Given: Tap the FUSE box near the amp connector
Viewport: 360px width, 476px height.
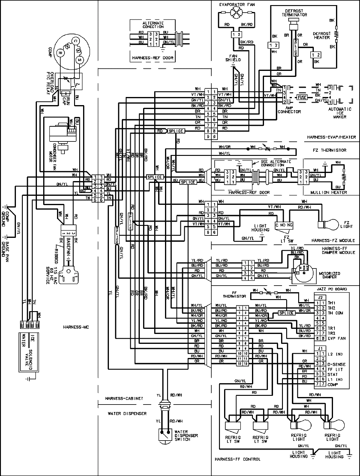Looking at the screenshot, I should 301,97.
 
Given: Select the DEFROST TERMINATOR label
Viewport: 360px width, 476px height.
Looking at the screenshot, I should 294,13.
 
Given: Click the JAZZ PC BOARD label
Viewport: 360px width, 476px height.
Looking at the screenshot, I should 332,289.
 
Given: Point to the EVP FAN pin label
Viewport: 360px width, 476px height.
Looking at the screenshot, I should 337,338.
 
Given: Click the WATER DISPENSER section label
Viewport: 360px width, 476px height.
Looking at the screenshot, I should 127,414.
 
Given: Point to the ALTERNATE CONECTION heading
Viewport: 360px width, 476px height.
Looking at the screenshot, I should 153,25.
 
